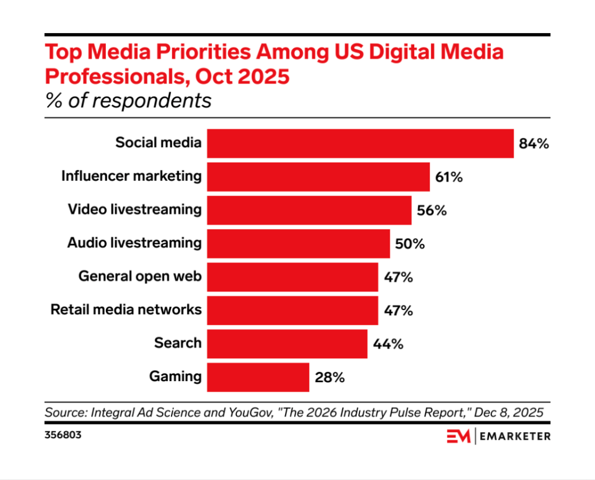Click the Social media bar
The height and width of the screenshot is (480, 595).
pyautogui.click(x=361, y=143)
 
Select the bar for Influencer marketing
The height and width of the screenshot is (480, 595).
pyautogui.click(x=318, y=177)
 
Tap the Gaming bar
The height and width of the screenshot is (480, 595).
pyautogui.click(x=258, y=377)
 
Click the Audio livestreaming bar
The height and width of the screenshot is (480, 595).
pyautogui.click(x=298, y=244)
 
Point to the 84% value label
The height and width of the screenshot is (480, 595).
pyautogui.click(x=534, y=144)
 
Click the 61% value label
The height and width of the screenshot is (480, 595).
pyautogui.click(x=448, y=177)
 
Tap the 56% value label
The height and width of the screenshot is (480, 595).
pyautogui.click(x=432, y=211)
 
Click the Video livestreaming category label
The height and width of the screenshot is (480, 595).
pyautogui.click(x=134, y=209)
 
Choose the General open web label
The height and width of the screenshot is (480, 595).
pyautogui.click(x=140, y=276)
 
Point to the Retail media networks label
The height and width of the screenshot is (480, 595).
pyautogui.click(x=126, y=309)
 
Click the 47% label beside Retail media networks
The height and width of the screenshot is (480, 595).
pyautogui.click(x=398, y=311)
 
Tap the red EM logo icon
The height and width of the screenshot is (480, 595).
pyautogui.click(x=458, y=436)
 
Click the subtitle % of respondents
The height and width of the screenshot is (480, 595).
pyautogui.click(x=128, y=101)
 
